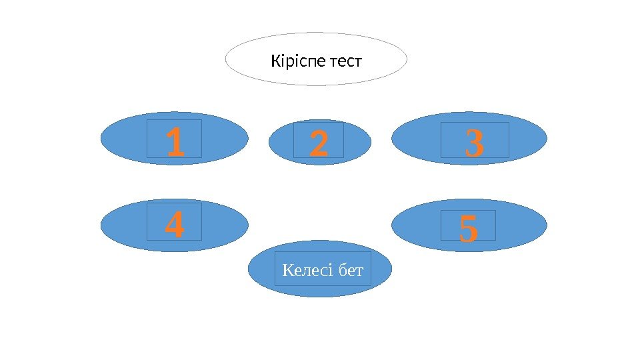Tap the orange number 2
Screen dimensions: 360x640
319,145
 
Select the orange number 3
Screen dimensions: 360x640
475,145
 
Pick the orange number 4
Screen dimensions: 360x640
174,225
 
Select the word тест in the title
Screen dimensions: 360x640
346,63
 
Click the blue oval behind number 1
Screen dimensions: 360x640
127,139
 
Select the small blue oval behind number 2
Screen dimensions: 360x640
280,143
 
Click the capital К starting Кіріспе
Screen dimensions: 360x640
275,63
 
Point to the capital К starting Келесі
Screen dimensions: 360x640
287,271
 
